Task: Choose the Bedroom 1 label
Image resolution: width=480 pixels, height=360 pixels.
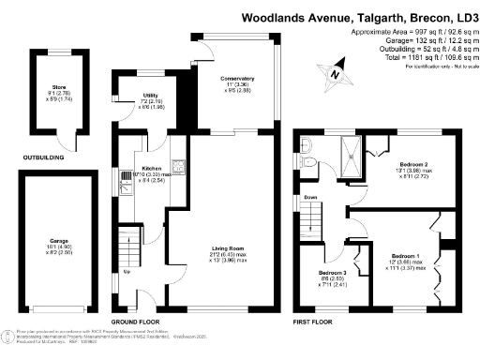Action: [406, 256]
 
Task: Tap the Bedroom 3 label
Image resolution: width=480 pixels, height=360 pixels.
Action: [332, 274]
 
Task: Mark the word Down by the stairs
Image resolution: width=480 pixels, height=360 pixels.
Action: [310, 198]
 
